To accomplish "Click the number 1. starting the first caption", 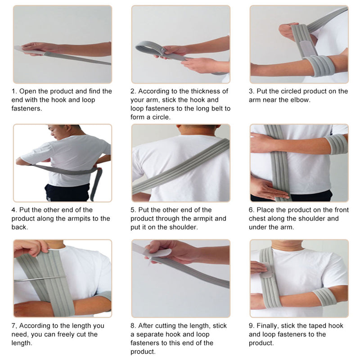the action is [x=14, y=91].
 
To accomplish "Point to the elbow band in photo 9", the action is [x=324, y=297].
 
